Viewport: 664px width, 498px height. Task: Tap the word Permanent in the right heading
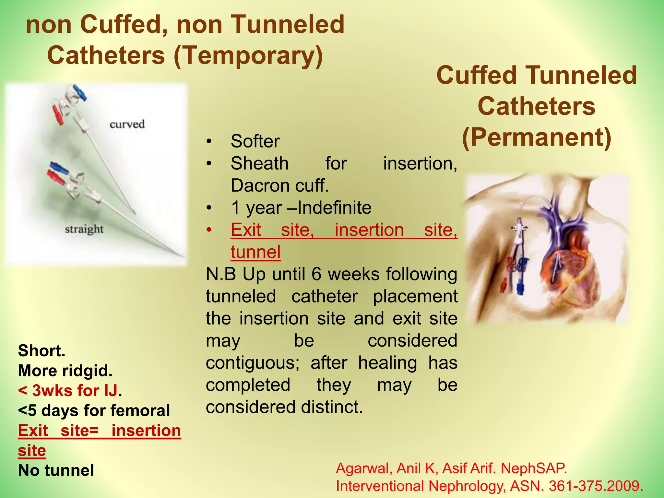[x=537, y=138]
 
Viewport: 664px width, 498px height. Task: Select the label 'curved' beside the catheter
[x=127, y=124]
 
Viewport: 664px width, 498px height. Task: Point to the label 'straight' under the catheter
[x=84, y=230]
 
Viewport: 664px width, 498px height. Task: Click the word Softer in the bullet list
[x=255, y=141]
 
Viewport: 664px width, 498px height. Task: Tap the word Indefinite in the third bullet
[x=334, y=208]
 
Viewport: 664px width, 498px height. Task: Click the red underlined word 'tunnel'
[x=255, y=252]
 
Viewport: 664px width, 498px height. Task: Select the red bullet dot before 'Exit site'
[x=209, y=230]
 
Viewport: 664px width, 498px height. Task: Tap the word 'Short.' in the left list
[x=42, y=351]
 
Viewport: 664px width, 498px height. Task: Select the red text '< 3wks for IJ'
[x=67, y=391]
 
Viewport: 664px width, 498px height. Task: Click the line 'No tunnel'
[x=56, y=470]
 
